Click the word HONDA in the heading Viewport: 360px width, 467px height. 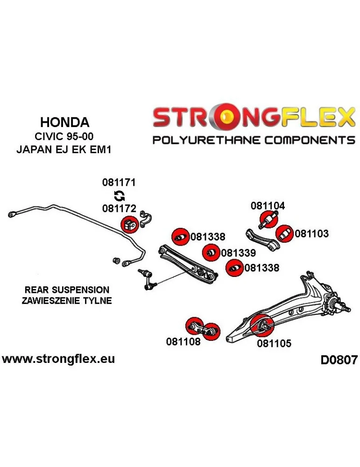(x=64, y=122)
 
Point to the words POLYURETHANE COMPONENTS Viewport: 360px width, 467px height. (x=254, y=140)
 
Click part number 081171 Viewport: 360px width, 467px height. (x=119, y=183)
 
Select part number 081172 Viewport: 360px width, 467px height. (x=119, y=209)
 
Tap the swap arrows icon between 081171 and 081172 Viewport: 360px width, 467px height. (x=119, y=196)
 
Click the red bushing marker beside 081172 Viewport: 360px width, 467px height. (x=129, y=225)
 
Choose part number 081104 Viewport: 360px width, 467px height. (x=268, y=205)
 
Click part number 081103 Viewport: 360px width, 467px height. (x=311, y=233)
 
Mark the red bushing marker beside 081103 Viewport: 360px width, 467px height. (x=284, y=234)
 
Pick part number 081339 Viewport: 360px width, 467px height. (x=238, y=253)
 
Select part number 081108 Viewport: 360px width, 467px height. (x=183, y=341)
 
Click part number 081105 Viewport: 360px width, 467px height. (x=274, y=344)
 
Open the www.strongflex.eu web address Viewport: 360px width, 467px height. (x=58, y=359)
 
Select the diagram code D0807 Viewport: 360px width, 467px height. (x=339, y=360)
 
